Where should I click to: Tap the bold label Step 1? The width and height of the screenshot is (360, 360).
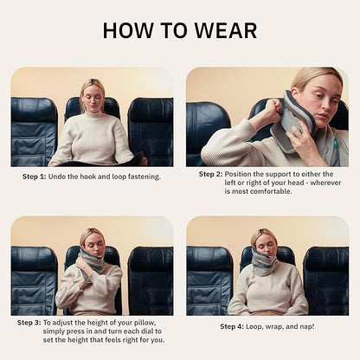point(39,177)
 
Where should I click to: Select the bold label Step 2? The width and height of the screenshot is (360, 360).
point(212,174)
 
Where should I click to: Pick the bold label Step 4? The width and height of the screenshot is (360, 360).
point(232,326)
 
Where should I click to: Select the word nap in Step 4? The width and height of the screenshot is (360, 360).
point(305,326)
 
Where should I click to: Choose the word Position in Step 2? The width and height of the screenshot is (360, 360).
point(246,174)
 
